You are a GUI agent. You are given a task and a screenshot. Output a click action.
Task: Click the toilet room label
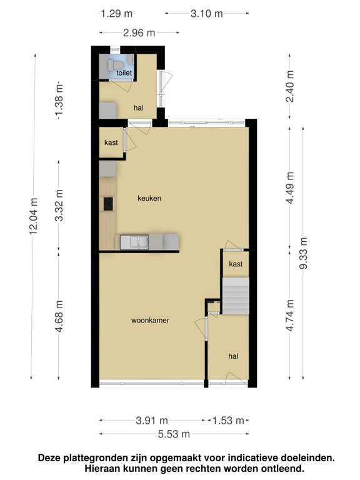(124, 73)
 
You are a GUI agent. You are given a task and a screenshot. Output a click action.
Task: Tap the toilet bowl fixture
(115, 64)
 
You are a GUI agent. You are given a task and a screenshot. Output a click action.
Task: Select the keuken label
(149, 198)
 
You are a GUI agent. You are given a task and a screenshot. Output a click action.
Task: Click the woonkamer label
(150, 321)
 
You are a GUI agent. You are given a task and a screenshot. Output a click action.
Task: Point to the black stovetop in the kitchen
(108, 204)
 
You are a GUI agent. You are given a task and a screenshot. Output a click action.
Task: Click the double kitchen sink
(134, 242)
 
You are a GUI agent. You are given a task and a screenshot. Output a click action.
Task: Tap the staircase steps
(236, 296)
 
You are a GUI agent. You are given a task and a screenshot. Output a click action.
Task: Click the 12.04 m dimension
(33, 216)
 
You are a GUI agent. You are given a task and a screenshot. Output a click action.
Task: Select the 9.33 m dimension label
(303, 253)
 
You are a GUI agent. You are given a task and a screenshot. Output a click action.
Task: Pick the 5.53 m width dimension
(174, 434)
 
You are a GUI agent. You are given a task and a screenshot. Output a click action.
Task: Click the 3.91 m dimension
(152, 421)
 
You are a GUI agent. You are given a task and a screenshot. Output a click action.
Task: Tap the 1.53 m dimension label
(228, 421)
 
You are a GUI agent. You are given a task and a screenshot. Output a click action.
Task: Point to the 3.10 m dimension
(207, 14)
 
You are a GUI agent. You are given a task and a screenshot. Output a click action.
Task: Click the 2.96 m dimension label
(139, 32)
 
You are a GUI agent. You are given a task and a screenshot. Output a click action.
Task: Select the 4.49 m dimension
(289, 187)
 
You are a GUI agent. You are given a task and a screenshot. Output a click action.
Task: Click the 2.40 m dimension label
(289, 86)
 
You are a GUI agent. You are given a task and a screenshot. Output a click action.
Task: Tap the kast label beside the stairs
(236, 264)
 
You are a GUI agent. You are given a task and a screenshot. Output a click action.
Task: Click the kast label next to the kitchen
(111, 142)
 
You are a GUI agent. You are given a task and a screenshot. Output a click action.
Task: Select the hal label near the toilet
(139, 107)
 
